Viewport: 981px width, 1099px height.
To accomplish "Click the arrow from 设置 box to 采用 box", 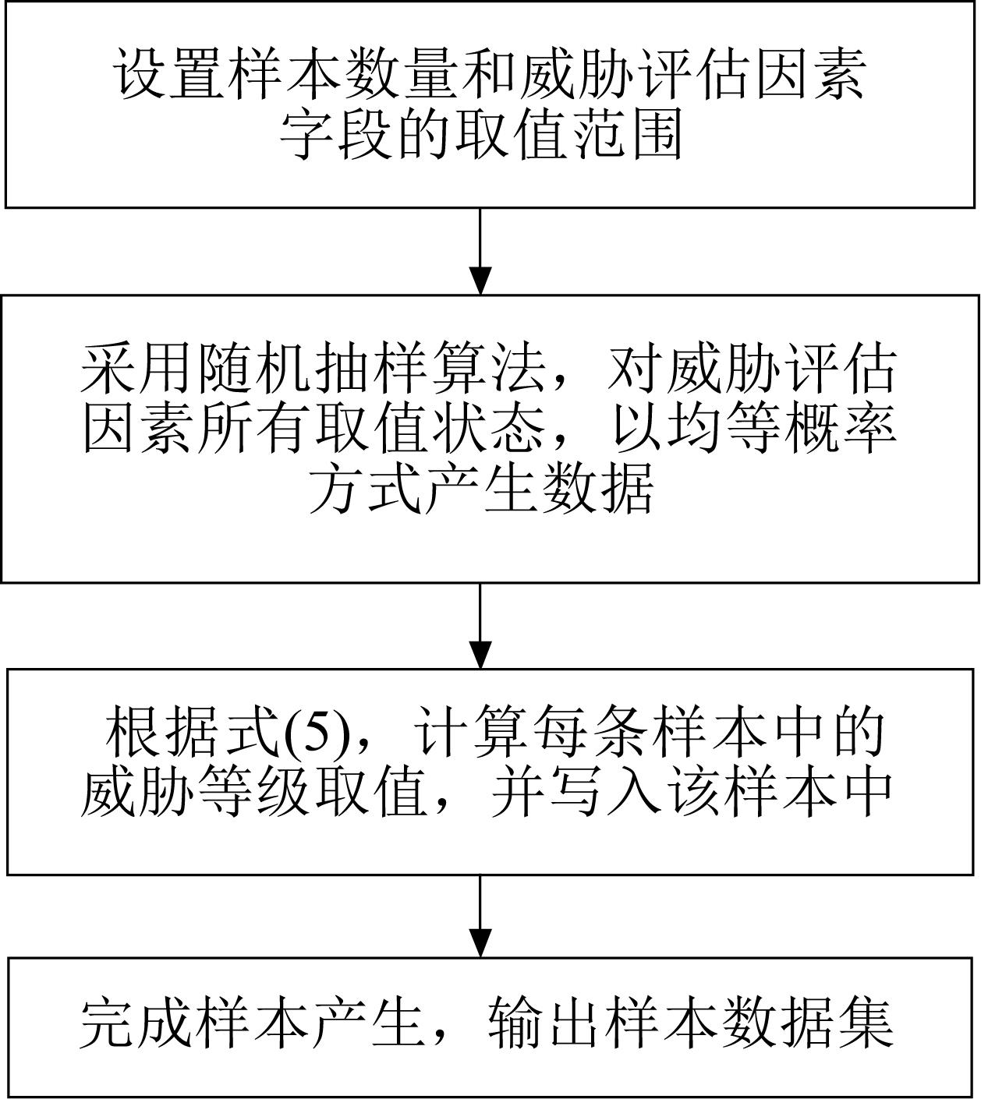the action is coord(480,252).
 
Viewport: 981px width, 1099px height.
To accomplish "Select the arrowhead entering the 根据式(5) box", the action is coord(480,656).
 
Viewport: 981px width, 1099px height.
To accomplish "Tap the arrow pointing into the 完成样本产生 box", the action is coord(480,914).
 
